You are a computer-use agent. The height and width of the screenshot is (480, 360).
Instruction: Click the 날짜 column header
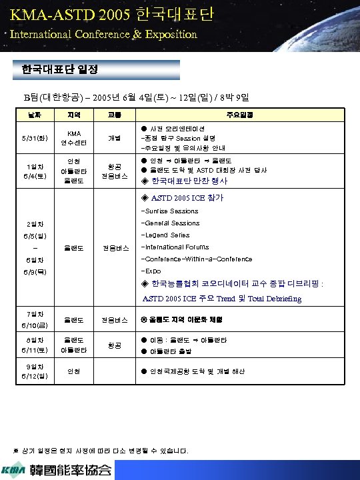pyautogui.click(x=33, y=115)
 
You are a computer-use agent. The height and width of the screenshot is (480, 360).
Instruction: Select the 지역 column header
pyautogui.click(x=75, y=115)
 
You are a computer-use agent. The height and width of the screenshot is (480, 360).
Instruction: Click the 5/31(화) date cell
pyautogui.click(x=33, y=138)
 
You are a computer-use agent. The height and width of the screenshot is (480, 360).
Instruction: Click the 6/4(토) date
pyautogui.click(x=33, y=175)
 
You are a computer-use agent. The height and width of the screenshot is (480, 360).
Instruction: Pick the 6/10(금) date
pyautogui.click(x=33, y=325)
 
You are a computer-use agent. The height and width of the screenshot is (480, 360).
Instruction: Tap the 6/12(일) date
pyautogui.click(x=33, y=375)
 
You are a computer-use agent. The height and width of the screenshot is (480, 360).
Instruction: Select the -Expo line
pyautogui.click(x=151, y=271)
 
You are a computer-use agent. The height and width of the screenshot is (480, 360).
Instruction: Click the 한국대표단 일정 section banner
pyautogui.click(x=59, y=69)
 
